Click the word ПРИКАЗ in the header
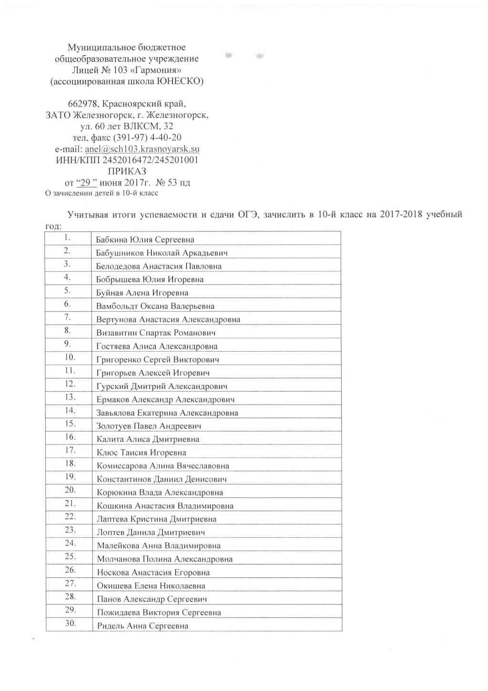[x=127, y=171]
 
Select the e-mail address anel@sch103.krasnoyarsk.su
[x=142, y=149]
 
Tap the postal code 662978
[x=84, y=104]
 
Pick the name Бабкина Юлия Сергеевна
[x=145, y=240]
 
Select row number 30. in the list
[x=71, y=623]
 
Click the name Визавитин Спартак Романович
[x=156, y=333]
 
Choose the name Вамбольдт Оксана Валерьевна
[x=155, y=306]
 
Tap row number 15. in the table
[x=70, y=423]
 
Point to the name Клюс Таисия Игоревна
[x=142, y=452]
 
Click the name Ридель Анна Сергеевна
[x=142, y=626]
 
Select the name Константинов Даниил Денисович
[x=162, y=479]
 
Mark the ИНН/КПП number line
[x=127, y=160]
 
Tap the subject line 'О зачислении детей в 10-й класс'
[x=102, y=193]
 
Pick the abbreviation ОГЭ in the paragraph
[x=248, y=214]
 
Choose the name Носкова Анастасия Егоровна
[x=153, y=572]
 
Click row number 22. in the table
[x=70, y=516]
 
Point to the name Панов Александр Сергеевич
[x=152, y=599]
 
